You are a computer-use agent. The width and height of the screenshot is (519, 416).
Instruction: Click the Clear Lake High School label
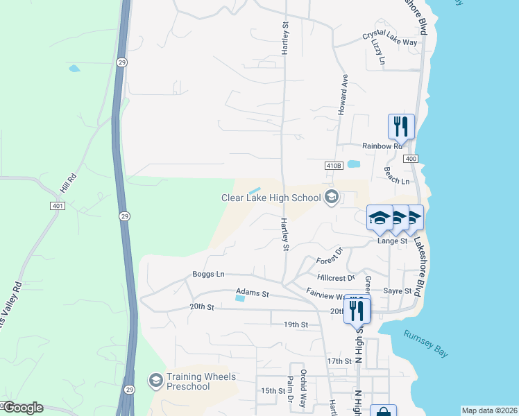tap(271, 198)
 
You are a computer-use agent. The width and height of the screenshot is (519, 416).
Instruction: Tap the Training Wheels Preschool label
tap(201, 382)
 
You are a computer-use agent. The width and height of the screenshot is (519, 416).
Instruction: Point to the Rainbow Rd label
tap(382, 146)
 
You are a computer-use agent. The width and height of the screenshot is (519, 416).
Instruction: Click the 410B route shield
tap(334, 166)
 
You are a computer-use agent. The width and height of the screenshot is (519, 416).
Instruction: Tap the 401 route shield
tap(58, 206)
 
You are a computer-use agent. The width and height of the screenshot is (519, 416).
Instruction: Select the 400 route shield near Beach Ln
tap(411, 159)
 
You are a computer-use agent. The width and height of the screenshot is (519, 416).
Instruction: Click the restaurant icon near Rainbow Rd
tap(401, 126)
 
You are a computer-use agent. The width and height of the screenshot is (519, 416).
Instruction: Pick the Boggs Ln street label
tap(209, 275)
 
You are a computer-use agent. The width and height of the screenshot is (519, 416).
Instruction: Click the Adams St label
tap(252, 293)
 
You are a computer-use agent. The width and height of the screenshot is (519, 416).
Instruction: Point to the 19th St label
tap(295, 324)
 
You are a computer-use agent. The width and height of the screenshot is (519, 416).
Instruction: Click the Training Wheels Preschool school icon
tap(156, 380)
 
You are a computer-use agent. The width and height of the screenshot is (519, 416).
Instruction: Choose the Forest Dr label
tap(330, 257)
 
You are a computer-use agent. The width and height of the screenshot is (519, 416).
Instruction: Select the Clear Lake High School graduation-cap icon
tap(331, 198)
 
